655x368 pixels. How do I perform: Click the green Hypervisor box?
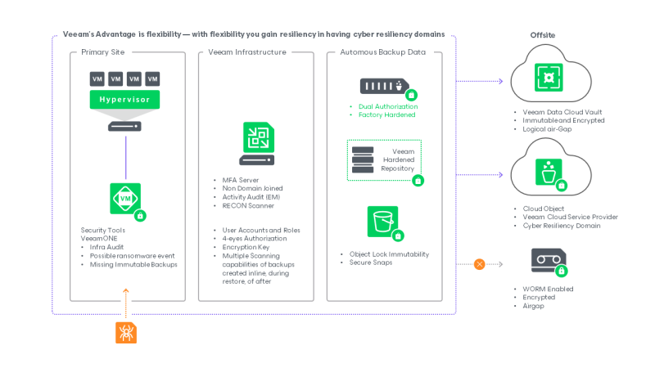(125, 100)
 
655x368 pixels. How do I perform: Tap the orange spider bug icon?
(125, 332)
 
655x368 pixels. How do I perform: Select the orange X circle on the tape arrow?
(480, 263)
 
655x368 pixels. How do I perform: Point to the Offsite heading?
(543, 35)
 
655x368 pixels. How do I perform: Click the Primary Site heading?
(103, 52)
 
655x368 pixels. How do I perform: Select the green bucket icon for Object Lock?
(382, 222)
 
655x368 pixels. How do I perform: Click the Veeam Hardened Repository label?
(398, 159)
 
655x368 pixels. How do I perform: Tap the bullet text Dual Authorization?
(389, 106)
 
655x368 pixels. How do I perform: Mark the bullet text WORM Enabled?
(548, 289)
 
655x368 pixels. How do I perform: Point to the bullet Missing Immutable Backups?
(133, 264)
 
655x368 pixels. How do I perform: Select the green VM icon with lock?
(125, 199)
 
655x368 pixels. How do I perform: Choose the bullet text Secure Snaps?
(373, 262)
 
